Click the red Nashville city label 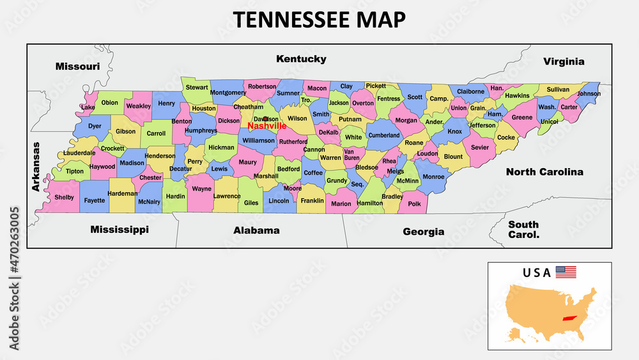point(266,126)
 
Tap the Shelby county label point(64,198)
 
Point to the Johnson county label point(589,93)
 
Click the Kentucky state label point(301,59)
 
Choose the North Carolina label point(544,172)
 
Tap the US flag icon point(566,272)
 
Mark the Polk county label point(414,203)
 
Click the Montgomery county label point(228,92)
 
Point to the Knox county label point(454,132)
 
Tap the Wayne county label point(202,189)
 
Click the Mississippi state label point(119,229)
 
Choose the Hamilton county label point(370,203)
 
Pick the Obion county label point(110,102)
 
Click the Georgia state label point(423,231)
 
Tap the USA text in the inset point(536,272)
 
